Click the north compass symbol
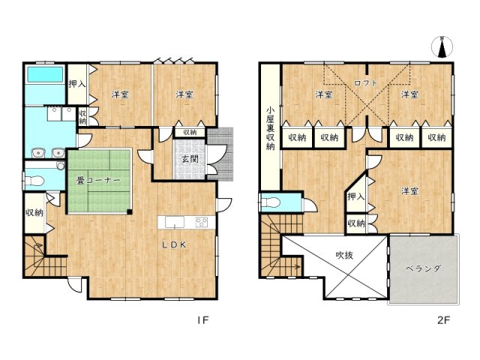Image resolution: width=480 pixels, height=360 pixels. [x=442, y=47]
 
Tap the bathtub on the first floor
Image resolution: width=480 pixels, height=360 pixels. [x=45, y=75]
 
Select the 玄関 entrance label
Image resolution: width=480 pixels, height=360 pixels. [x=190, y=159]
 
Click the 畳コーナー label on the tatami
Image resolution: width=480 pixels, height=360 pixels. [x=98, y=181]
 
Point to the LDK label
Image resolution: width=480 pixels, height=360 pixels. [x=174, y=244]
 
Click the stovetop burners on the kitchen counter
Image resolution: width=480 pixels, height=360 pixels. [x=202, y=222]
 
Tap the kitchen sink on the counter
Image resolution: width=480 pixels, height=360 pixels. [x=175, y=222]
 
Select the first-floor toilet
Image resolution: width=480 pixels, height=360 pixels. [x=34, y=181]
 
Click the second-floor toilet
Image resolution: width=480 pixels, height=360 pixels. [x=270, y=202]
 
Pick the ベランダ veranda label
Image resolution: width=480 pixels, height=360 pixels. [x=423, y=268]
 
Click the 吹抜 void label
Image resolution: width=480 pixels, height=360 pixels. [x=344, y=255]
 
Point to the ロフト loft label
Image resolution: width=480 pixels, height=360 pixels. [x=366, y=82]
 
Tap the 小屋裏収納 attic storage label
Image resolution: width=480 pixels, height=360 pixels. [x=270, y=128]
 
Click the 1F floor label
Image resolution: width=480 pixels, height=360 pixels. [x=202, y=320]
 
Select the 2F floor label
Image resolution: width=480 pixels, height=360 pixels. [x=443, y=320]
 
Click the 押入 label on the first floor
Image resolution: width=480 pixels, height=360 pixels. [x=76, y=83]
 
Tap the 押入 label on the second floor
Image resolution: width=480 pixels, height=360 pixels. [x=356, y=196]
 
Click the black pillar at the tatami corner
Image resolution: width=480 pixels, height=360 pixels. [x=130, y=211]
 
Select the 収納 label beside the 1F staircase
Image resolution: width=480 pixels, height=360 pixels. [x=34, y=212]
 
